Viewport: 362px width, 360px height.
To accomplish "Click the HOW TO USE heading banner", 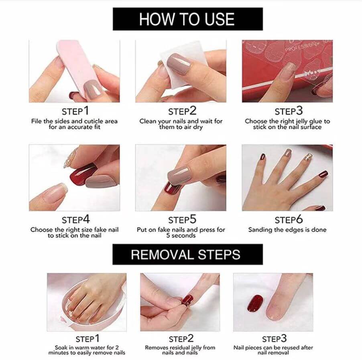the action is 188,19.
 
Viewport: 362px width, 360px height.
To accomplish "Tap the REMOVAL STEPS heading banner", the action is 187,255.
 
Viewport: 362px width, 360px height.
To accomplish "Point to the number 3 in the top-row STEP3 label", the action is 299,111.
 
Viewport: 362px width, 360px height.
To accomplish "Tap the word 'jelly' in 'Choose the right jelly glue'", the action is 301,121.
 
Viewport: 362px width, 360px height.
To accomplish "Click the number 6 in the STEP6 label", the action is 299,219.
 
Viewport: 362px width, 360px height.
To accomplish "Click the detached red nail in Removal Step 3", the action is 255,303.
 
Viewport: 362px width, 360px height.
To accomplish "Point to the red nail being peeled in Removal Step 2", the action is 187,301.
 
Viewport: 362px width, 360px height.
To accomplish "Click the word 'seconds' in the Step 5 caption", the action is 183,236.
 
